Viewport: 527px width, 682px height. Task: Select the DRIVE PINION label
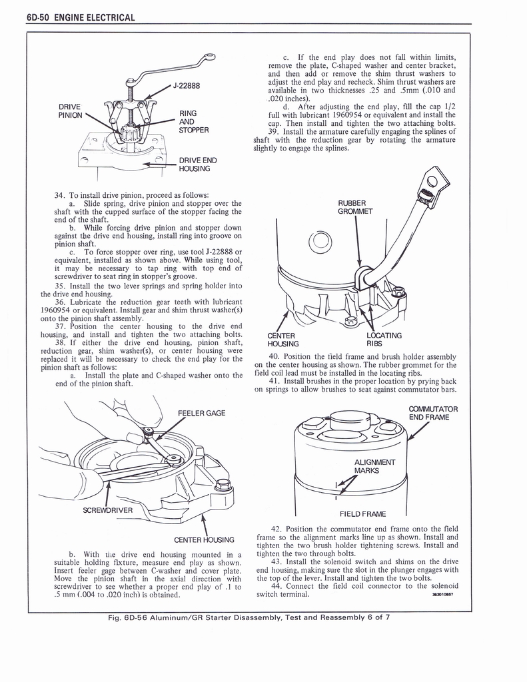(70, 111)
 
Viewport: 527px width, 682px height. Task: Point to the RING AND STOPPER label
(194, 122)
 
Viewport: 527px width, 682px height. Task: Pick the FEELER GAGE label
(202, 413)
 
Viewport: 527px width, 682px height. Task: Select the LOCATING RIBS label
(384, 340)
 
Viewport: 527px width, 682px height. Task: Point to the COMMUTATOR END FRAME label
(433, 414)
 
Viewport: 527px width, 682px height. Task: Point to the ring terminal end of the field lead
(432, 180)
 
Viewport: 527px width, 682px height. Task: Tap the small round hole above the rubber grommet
(319, 241)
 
